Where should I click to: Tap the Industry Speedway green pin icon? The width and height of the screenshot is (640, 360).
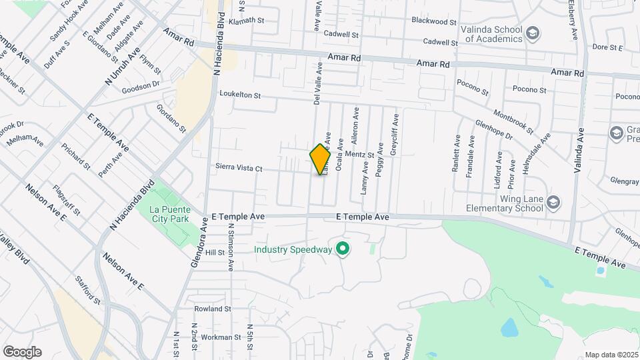343,250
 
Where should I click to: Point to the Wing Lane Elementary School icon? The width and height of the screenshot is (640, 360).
553,202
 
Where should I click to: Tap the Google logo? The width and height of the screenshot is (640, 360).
22,352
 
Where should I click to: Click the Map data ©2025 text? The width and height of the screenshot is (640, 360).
611,355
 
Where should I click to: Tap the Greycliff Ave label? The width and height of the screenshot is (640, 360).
395,135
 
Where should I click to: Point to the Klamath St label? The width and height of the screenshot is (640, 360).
246,21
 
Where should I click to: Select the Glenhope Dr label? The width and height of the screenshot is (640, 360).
493,129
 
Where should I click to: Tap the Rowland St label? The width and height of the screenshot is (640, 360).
212,309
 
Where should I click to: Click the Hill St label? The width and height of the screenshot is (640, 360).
215,253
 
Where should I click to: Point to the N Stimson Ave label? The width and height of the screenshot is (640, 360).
230,247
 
